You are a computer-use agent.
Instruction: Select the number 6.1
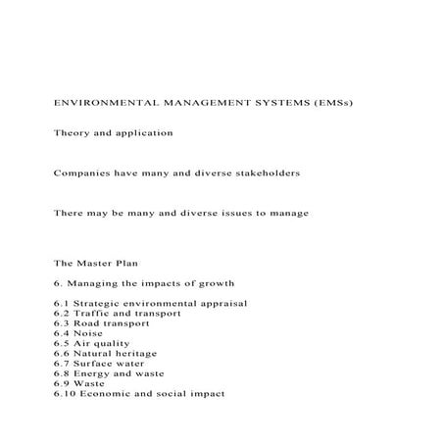point(62,303)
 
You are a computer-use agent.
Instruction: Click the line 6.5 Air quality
point(97,343)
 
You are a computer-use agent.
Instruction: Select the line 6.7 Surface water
point(102,364)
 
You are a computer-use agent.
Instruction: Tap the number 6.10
point(65,393)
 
